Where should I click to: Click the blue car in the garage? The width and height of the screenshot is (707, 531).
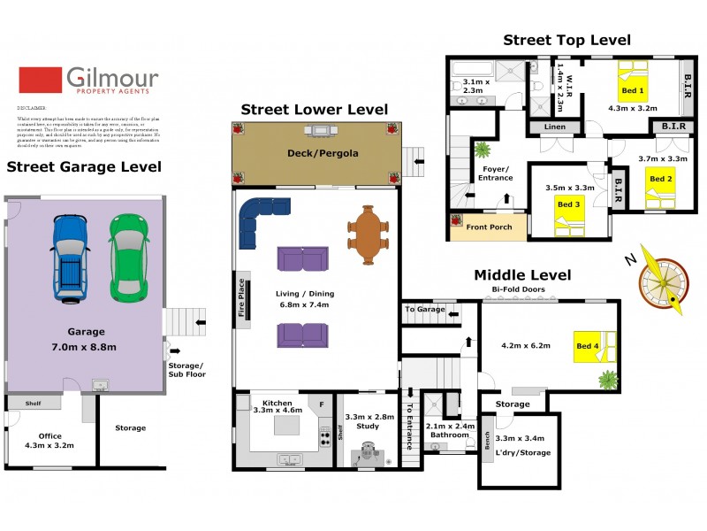click(x=69, y=257)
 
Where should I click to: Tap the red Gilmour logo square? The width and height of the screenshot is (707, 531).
click(x=40, y=81)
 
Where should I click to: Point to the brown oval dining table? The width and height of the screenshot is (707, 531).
click(x=367, y=235)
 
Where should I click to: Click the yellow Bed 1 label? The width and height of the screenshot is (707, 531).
click(x=634, y=91)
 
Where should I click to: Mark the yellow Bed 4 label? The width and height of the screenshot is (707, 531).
click(x=586, y=346)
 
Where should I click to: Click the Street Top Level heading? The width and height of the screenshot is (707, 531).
click(x=566, y=40)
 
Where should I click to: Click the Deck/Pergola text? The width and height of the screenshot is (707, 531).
click(x=323, y=153)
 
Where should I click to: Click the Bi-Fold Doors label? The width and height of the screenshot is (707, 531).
click(x=518, y=289)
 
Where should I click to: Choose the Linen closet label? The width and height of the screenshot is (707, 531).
click(x=554, y=127)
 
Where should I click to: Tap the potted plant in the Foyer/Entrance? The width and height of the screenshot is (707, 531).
click(x=483, y=150)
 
